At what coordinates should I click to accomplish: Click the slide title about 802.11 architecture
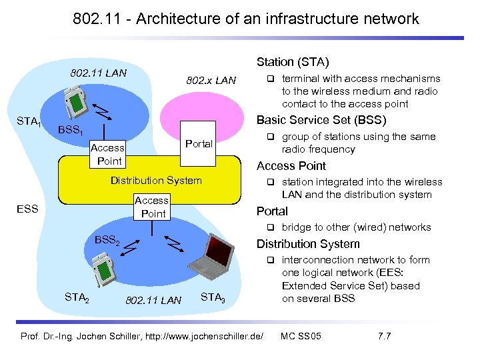[246, 19]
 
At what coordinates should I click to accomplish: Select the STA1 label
[29, 121]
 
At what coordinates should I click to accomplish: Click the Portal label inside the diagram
[199, 143]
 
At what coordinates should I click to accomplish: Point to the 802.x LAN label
[211, 81]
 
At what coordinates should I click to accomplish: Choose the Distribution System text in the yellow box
[156, 180]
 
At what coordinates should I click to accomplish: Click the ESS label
[28, 209]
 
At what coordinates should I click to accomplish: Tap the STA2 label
[78, 297]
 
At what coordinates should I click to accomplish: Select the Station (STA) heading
[293, 63]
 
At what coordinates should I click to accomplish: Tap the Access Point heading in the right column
[291, 166]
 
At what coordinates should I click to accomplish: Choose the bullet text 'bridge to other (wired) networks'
[356, 227]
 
